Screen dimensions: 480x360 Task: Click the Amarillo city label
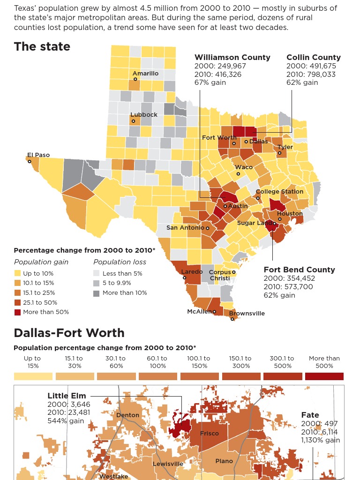point(145,74)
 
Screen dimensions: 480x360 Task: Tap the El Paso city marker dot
point(30,162)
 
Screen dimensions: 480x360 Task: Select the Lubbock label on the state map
point(144,115)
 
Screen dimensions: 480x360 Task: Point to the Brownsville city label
point(247,313)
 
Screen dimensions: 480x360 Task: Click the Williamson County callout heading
point(232,57)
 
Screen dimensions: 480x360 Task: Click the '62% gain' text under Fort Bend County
point(279,295)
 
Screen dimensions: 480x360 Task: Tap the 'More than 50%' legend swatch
point(17,312)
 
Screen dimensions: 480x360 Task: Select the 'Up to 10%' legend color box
point(17,273)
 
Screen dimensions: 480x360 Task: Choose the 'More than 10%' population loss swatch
point(96,293)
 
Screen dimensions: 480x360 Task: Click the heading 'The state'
point(42,46)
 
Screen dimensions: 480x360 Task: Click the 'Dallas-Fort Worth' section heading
point(69,333)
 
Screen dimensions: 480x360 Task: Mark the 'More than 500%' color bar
point(324,376)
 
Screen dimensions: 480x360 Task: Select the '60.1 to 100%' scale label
point(157,362)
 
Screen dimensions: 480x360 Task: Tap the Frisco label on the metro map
point(209,434)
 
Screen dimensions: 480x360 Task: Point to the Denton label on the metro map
point(127,415)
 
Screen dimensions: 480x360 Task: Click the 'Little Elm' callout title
point(67,396)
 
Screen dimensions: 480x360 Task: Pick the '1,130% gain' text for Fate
point(321,440)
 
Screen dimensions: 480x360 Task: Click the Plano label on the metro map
point(224,461)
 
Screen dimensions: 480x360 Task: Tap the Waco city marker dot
point(238,174)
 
